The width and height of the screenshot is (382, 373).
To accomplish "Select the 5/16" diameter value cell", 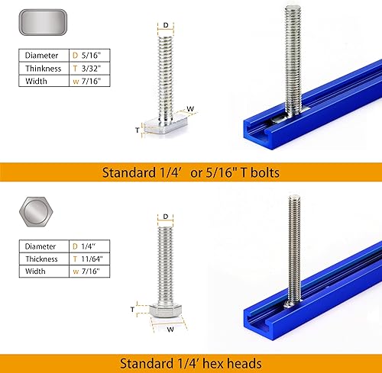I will click(88, 55).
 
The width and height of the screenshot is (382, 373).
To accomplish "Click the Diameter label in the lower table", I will click(40, 247).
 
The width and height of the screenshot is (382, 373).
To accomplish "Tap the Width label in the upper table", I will click(37, 80).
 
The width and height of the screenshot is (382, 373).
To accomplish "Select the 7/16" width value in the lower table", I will click(87, 272).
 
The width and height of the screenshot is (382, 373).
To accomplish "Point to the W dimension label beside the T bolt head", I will click(189, 108).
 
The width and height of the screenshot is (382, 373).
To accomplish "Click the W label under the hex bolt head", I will click(170, 330).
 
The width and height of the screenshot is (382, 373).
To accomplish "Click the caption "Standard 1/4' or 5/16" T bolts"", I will click(191, 172).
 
